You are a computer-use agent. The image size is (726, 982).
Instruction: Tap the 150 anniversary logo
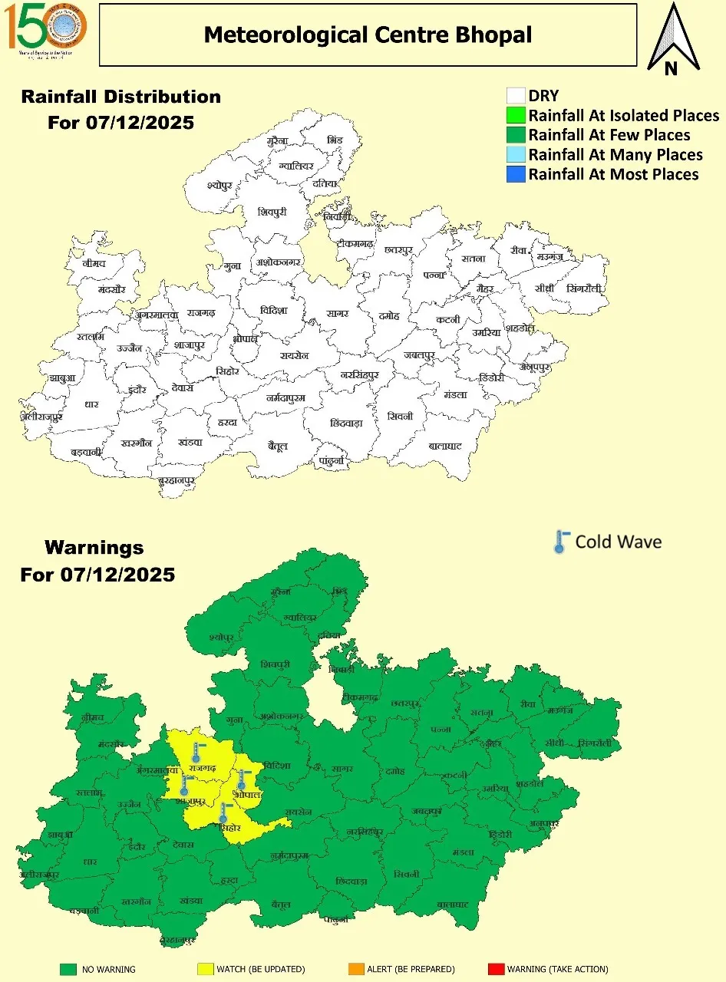click(x=47, y=29)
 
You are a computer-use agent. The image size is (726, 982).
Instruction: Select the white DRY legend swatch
click(x=516, y=96)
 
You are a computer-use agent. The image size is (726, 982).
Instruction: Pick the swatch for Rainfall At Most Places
click(x=516, y=174)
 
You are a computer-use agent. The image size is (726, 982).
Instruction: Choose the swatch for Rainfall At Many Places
click(x=516, y=155)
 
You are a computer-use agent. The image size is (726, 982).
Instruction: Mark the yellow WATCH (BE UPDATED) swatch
click(x=205, y=969)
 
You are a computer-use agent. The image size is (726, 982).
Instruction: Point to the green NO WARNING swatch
click(x=68, y=969)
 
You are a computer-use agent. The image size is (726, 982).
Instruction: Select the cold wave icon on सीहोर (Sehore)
click(x=224, y=812)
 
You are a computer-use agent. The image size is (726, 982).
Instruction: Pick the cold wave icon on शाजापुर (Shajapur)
click(x=185, y=785)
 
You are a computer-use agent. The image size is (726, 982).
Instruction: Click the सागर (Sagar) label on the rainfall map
click(x=337, y=314)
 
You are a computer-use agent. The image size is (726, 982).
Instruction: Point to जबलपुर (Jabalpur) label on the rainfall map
click(x=420, y=355)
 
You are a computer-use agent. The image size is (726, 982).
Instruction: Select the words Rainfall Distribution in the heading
click(x=121, y=97)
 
